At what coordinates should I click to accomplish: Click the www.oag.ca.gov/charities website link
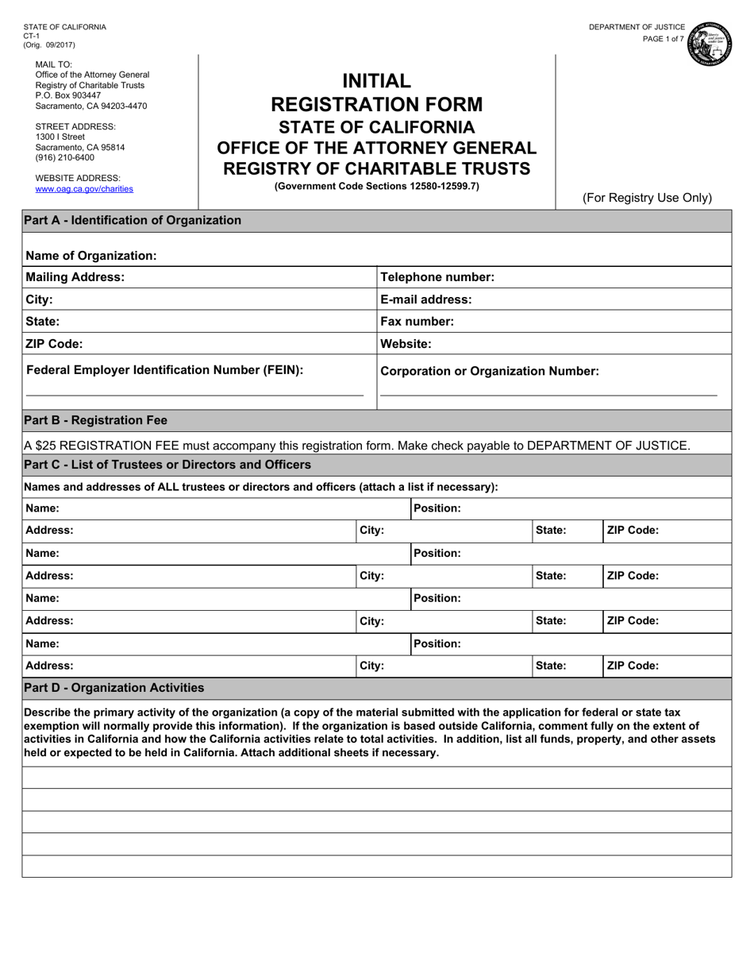pos(84,189)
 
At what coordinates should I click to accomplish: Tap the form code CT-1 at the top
pos(32,36)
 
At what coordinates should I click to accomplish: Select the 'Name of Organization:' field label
pos(91,256)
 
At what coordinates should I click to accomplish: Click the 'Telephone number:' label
pos(437,277)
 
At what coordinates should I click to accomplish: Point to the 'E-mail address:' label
pos(426,299)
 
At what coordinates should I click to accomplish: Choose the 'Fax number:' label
pos(417,322)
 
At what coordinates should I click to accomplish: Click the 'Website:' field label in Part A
pos(406,344)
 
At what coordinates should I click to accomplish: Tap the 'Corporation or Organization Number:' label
pos(490,371)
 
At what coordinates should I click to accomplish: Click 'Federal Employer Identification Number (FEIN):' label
pos(165,369)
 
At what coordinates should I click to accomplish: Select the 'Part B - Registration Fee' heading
pos(96,420)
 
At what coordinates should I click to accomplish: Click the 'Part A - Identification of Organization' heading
pos(133,220)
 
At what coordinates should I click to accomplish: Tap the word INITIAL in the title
pos(376,81)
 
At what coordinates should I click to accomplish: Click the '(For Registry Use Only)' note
pos(647,198)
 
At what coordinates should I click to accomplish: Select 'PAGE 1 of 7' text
pos(663,39)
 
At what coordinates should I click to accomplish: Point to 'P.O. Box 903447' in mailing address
pos(68,95)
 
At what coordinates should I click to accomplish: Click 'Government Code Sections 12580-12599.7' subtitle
pos(376,187)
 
